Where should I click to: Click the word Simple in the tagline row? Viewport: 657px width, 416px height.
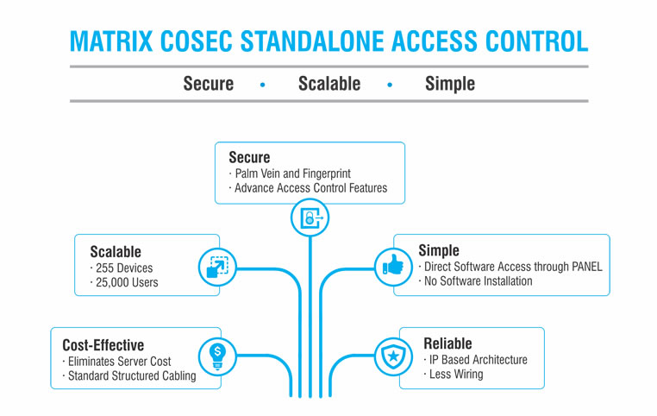(x=449, y=84)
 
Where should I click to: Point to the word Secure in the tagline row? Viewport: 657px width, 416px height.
(x=208, y=84)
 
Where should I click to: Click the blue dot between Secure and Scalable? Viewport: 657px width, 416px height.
(x=263, y=85)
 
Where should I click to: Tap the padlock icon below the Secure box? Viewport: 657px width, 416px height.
(x=310, y=218)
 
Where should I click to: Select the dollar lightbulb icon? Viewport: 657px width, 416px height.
(x=217, y=354)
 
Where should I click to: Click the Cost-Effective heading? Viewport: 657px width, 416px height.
(x=103, y=344)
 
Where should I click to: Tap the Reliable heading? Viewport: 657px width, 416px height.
(x=447, y=343)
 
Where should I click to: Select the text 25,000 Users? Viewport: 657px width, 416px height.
(x=126, y=282)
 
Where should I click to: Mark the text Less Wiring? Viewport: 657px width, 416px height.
(x=455, y=374)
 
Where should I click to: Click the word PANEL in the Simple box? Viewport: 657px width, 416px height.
(x=581, y=266)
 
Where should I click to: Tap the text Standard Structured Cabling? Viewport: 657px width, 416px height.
(x=130, y=375)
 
